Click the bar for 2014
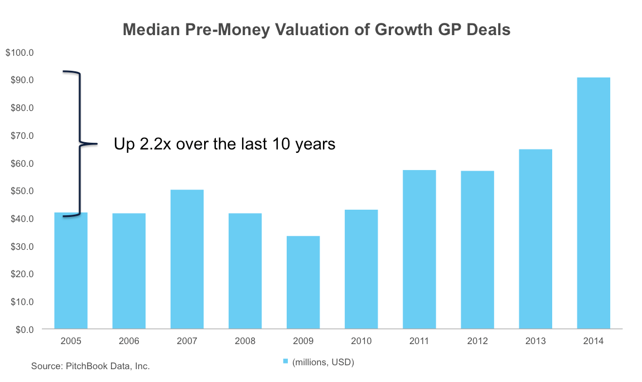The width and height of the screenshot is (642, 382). (593, 203)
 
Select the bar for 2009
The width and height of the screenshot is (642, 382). (303, 282)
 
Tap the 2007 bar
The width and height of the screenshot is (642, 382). (187, 259)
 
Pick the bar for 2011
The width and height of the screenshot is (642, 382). (419, 249)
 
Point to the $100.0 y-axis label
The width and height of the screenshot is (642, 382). (20, 53)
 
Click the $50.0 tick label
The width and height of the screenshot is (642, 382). (21, 191)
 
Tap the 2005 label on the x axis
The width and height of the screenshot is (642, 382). (71, 341)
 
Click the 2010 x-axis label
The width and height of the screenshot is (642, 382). (361, 341)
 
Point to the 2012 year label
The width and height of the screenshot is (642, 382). (477, 341)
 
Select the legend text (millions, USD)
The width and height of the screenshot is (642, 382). (323, 362)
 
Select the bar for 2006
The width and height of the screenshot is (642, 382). (129, 271)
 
